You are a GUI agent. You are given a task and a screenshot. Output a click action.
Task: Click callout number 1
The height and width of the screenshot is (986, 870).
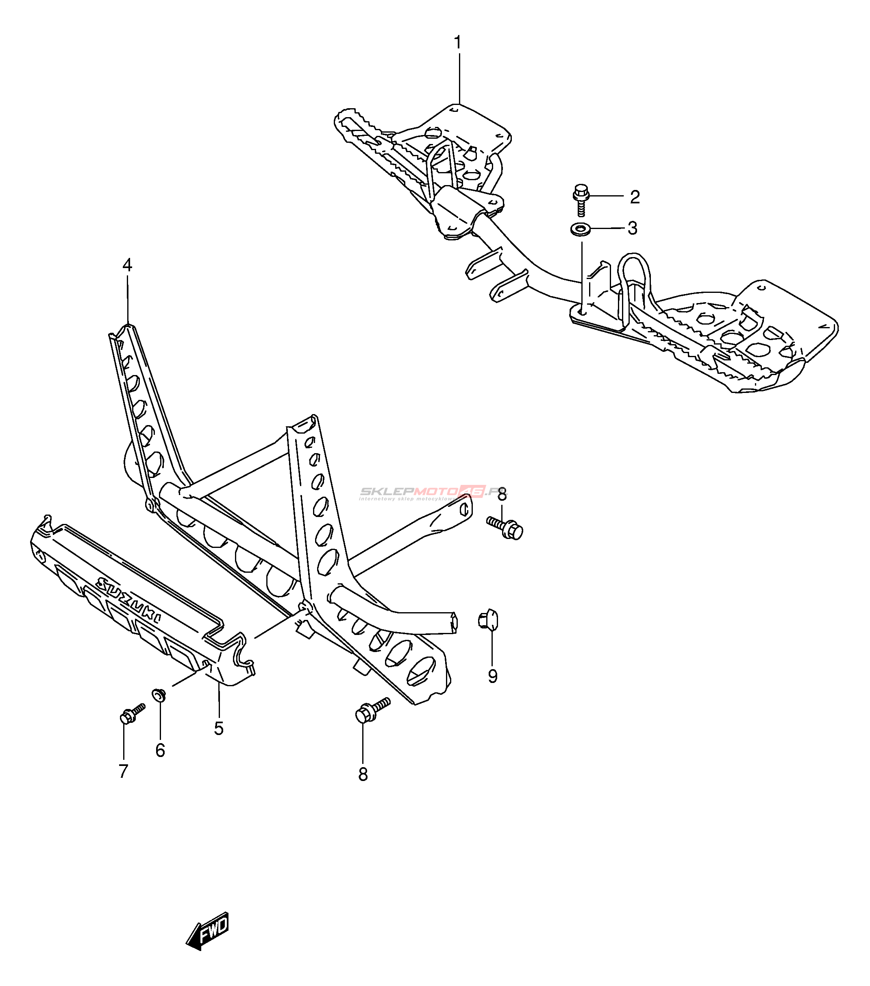(457, 43)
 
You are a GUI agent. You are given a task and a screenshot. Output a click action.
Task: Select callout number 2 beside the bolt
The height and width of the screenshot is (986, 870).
(635, 197)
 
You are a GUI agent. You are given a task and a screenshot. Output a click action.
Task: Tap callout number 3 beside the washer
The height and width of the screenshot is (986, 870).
(633, 228)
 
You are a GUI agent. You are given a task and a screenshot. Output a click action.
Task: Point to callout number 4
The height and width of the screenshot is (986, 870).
(127, 265)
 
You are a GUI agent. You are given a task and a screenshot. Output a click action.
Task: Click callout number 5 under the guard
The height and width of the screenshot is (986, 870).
(219, 729)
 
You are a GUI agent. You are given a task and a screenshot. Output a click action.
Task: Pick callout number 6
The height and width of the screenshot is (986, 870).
(160, 750)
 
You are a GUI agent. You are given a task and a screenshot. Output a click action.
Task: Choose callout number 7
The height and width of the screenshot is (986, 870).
(124, 771)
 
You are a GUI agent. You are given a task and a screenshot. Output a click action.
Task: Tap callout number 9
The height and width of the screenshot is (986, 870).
(492, 676)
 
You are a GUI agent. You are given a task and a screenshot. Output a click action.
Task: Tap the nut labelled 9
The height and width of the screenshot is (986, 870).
(488, 620)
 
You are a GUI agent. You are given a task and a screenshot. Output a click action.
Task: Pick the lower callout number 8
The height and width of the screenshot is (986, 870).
(363, 775)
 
